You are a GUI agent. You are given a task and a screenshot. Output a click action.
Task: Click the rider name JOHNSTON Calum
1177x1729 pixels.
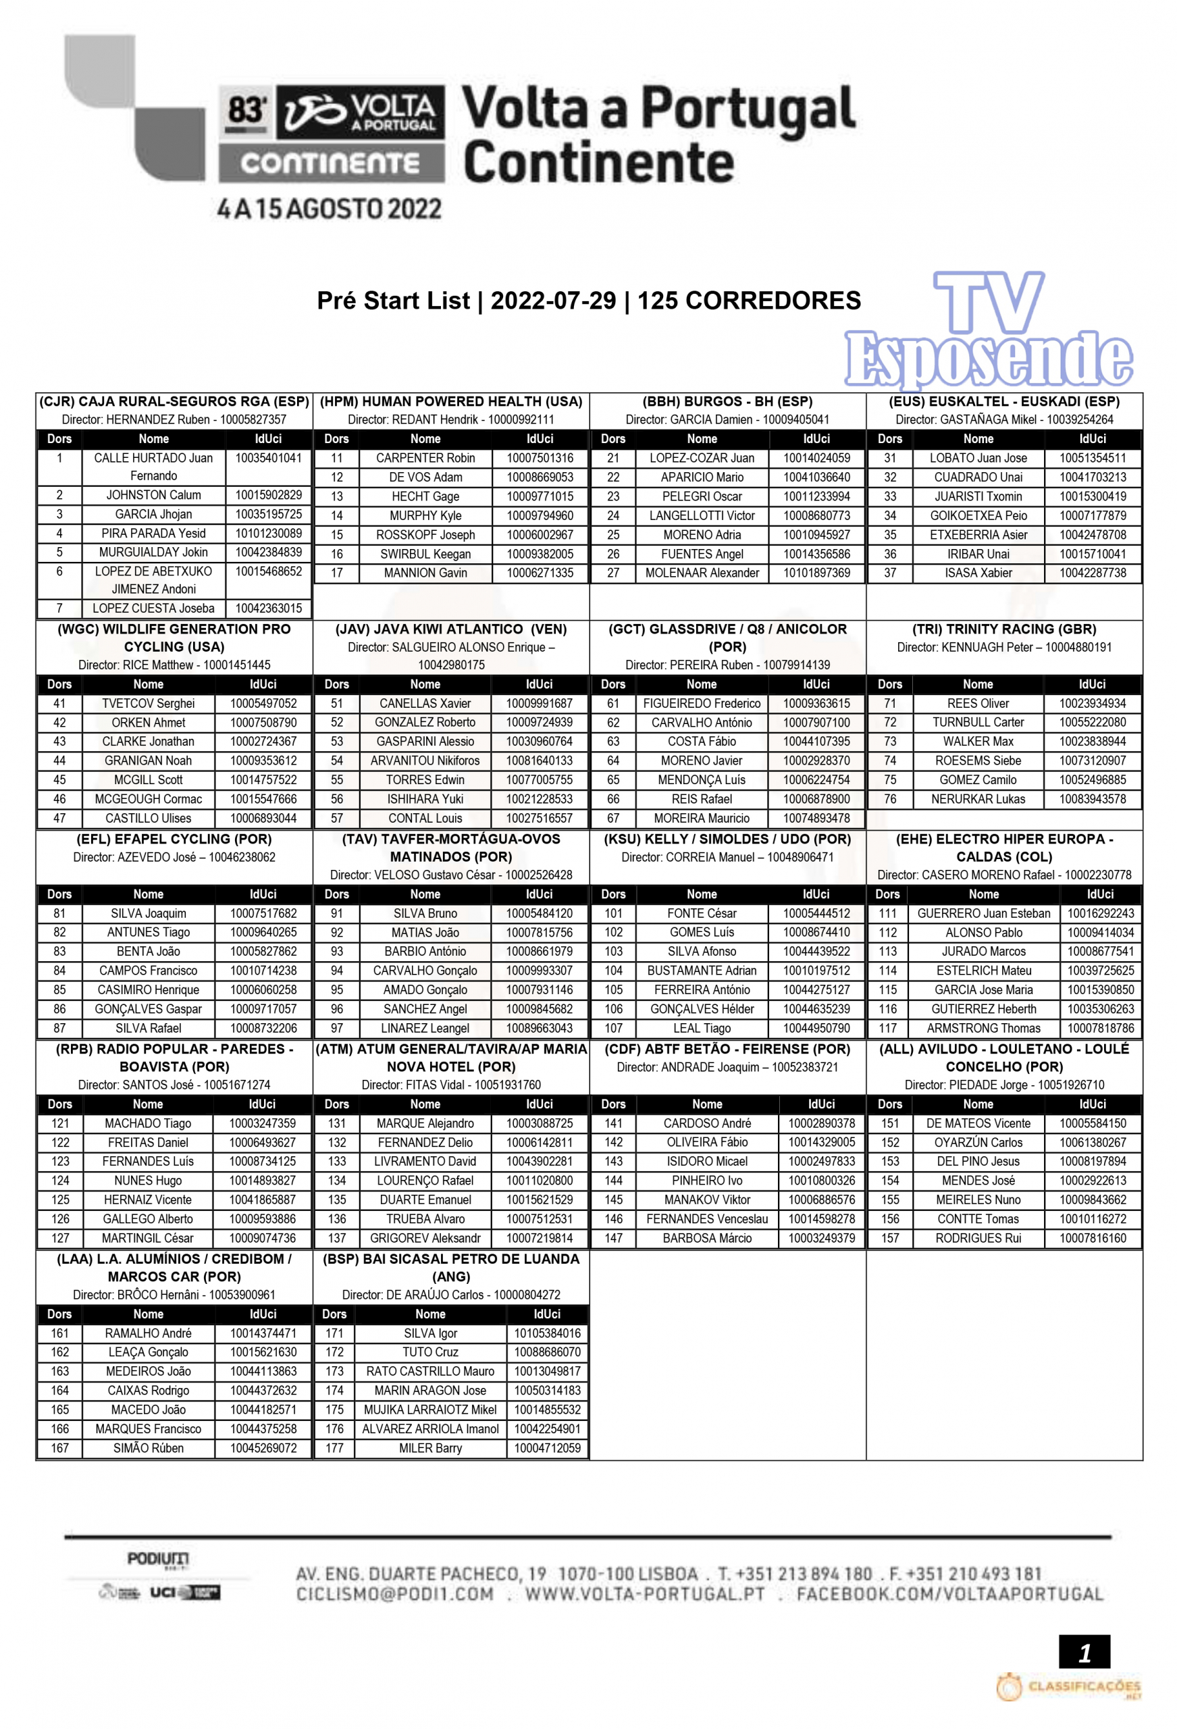tap(153, 496)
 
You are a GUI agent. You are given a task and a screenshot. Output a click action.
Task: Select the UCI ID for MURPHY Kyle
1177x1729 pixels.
tap(540, 515)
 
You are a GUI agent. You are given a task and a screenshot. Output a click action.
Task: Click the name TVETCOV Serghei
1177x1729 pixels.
tap(148, 704)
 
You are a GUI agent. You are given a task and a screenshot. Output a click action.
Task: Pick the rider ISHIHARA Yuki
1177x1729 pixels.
tap(425, 799)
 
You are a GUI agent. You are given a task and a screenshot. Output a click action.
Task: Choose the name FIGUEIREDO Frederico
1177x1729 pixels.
tap(701, 704)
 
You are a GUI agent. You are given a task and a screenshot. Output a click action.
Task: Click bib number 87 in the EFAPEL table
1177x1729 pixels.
tap(59, 1028)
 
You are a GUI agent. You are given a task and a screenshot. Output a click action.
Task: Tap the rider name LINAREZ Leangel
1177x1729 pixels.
tap(425, 1028)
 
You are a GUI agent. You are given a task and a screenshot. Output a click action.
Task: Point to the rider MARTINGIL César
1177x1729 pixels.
tap(147, 1238)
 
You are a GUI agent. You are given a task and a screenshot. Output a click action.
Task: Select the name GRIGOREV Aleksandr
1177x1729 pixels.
tap(425, 1238)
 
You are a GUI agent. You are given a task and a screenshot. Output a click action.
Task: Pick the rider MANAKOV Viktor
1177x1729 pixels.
tap(707, 1200)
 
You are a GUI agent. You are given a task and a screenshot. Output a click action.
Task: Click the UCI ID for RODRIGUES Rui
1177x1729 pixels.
tap(1092, 1238)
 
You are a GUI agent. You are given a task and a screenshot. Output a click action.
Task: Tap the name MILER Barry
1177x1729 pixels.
tap(430, 1448)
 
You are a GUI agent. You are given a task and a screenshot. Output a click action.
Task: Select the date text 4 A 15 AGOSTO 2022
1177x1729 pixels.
tap(329, 209)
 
